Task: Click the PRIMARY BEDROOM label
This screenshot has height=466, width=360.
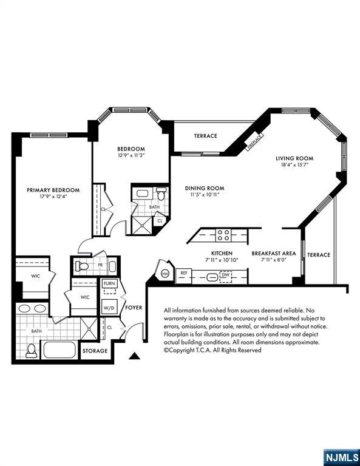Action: click(53, 190)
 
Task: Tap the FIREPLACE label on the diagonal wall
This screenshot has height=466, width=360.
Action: click(255, 141)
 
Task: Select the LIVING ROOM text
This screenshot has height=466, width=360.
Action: click(294, 158)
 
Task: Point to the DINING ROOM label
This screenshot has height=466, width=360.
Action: click(205, 188)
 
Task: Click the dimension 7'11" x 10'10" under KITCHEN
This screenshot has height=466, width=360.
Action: click(222, 260)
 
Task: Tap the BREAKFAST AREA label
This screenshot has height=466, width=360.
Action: click(274, 254)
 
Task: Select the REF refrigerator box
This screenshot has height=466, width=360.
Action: click(184, 276)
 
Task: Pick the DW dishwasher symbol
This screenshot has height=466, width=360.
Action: click(226, 277)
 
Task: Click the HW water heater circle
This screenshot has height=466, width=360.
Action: click(165, 273)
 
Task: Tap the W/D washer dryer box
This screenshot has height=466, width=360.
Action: click(109, 307)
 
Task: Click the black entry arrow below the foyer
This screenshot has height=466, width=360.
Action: click(134, 356)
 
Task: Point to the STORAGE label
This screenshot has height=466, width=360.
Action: click(95, 351)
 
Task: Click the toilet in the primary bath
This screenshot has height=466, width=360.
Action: click(31, 351)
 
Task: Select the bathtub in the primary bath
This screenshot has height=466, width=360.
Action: click(59, 349)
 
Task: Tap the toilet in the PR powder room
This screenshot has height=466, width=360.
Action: click(82, 266)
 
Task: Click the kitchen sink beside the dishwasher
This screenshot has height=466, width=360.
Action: click(212, 277)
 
